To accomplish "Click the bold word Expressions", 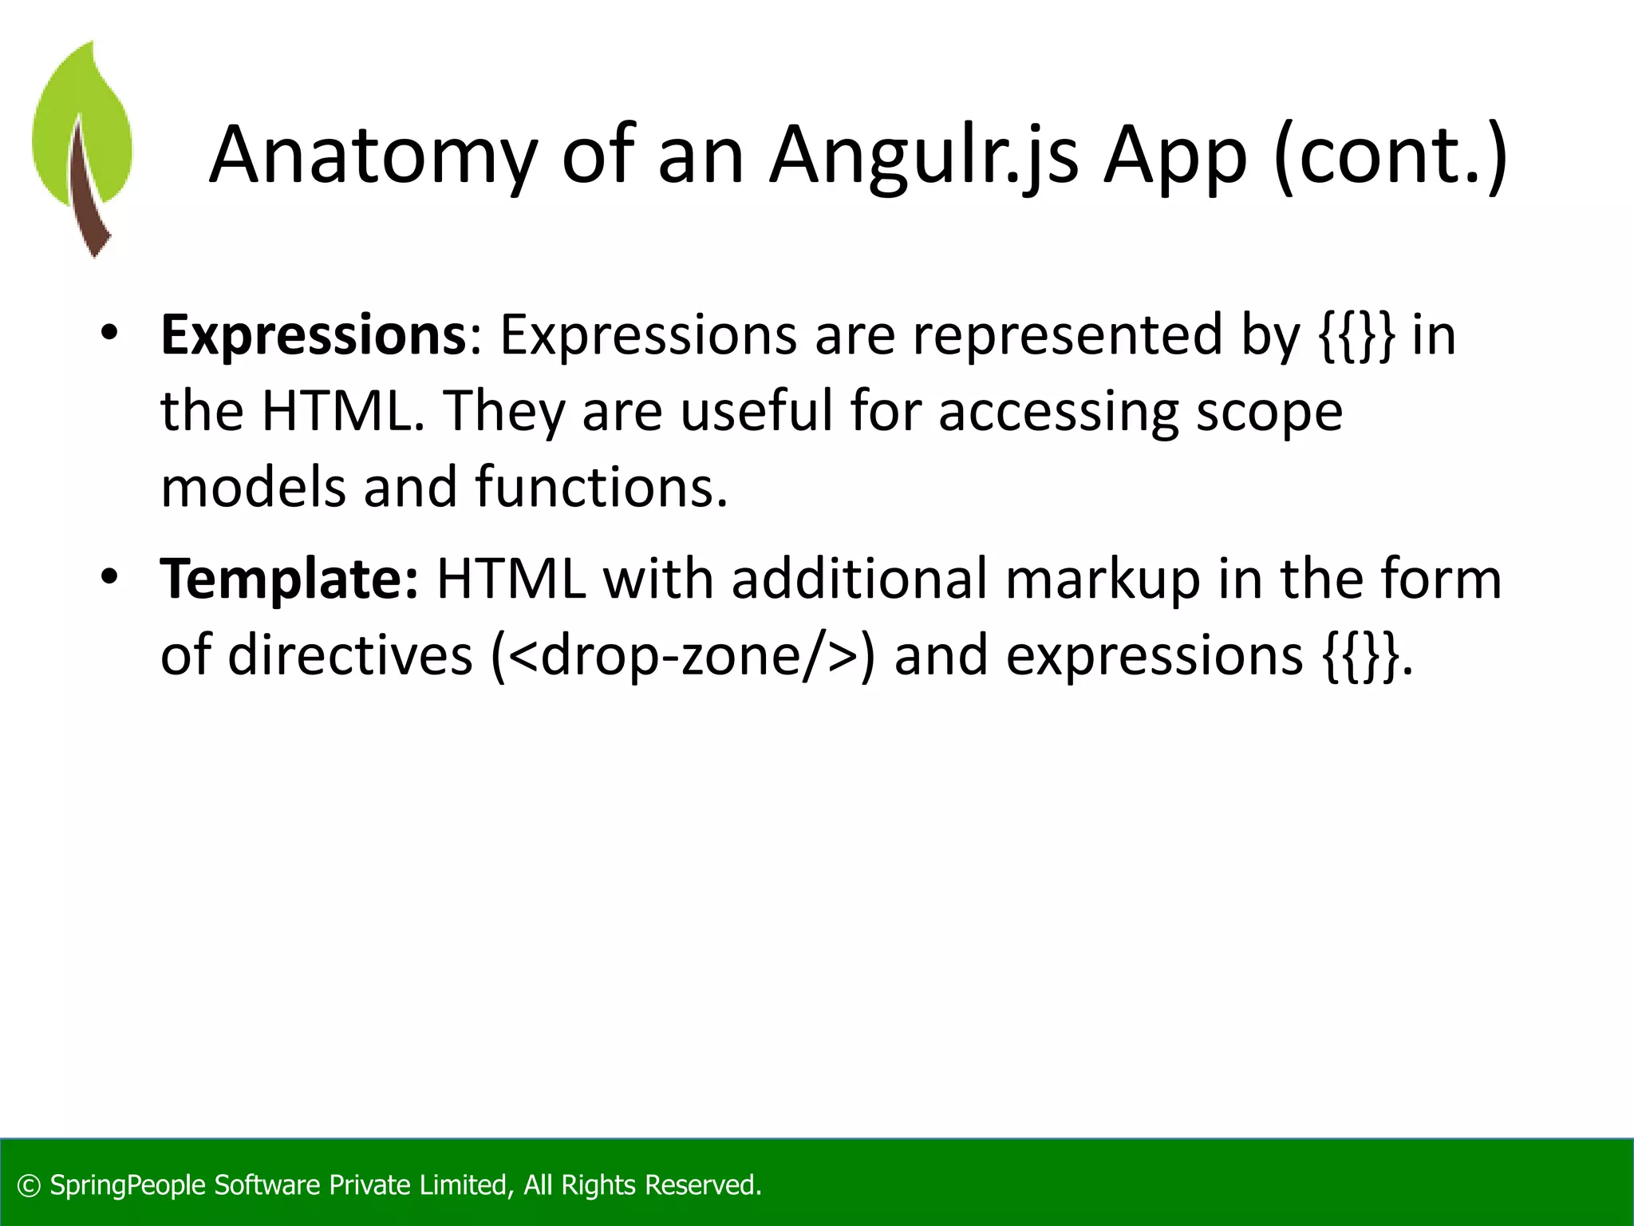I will pyautogui.click(x=313, y=334).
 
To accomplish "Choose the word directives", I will pyautogui.click(x=350, y=655).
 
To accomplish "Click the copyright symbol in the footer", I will pyautogui.click(x=29, y=1185).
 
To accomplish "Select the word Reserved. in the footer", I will pyautogui.click(x=702, y=1185).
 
